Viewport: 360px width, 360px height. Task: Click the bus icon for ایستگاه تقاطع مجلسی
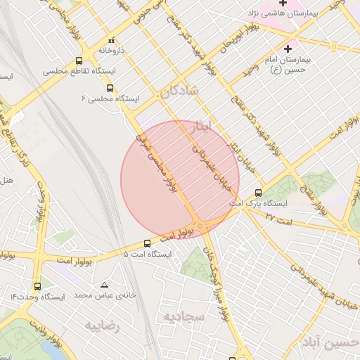pos(78,61)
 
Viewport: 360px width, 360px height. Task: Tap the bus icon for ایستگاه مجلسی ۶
pos(110,88)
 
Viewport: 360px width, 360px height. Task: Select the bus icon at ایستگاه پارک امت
pos(259,192)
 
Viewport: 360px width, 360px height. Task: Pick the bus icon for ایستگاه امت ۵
pos(147,243)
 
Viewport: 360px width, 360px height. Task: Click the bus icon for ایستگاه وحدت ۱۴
pos(37,286)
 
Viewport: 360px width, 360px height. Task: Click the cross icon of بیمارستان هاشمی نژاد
pos(283,4)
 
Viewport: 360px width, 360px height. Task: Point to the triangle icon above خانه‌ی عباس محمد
pos(105,285)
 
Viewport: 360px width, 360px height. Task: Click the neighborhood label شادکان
pos(180,91)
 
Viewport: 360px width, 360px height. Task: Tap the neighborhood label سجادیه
pos(184,317)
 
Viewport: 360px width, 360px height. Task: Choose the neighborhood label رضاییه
pos(103,326)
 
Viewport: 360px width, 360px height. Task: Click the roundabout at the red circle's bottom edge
pos(202,226)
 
